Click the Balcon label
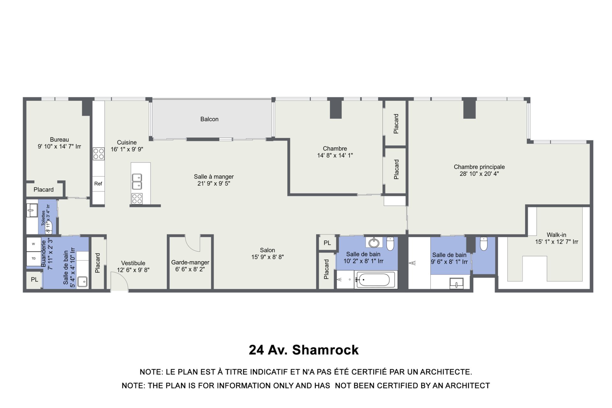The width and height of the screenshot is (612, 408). pos(209,119)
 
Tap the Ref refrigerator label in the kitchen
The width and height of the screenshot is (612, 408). pos(98,184)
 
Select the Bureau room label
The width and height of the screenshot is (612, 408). pos(59,140)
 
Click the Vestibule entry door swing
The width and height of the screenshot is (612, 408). pos(120,280)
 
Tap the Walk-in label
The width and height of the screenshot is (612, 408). pos(557,235)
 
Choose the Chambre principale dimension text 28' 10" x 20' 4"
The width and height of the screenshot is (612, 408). pos(479,174)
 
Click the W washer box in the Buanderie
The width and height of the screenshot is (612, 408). pos(33,244)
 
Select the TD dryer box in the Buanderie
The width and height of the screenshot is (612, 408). pos(33,259)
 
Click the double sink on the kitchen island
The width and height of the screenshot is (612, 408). pos(137,182)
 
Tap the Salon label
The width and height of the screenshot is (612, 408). pos(267,250)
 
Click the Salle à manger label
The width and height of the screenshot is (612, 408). pos(214,177)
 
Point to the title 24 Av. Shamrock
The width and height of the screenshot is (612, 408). pos(303,350)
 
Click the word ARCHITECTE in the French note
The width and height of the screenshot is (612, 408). pos(446,372)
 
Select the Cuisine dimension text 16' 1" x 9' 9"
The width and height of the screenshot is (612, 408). pos(127,149)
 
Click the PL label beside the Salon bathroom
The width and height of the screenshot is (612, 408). pos(327,243)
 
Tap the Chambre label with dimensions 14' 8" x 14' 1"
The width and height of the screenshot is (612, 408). pos(335,149)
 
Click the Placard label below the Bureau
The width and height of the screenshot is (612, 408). pos(44,190)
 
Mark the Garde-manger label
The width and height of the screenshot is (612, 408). pos(190,262)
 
